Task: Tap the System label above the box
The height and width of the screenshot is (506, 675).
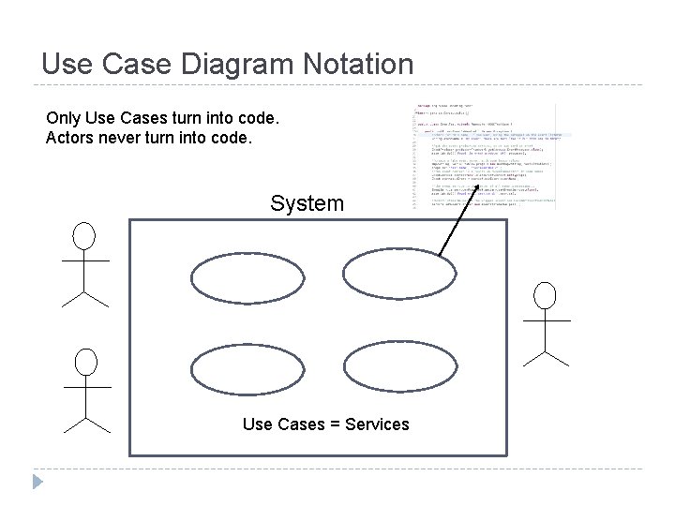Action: [307, 203]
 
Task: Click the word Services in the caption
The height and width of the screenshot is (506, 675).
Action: [377, 424]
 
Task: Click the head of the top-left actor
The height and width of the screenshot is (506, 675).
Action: [85, 235]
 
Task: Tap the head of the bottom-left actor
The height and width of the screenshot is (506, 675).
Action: [86, 361]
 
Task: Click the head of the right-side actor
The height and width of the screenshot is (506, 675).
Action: [545, 295]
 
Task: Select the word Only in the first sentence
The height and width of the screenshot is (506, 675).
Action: [63, 120]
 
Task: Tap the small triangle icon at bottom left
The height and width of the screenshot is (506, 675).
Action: [37, 484]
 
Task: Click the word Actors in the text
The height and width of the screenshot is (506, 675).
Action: [68, 139]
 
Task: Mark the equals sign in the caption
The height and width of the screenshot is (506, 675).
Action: [334, 424]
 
